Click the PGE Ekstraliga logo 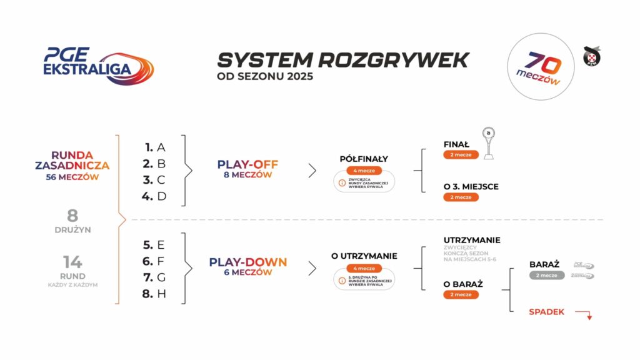(97, 64)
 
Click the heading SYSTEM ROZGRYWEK (342, 60)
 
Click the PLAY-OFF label (247, 164)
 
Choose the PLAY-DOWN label (247, 262)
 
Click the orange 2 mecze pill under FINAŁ (461, 154)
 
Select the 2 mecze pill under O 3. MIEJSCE (461, 197)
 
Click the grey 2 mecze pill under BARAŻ (546, 275)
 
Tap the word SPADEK (546, 311)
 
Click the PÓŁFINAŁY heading (364, 159)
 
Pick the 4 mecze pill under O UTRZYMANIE (364, 268)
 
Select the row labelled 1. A (154, 147)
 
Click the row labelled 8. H (154, 294)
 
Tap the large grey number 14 (72, 262)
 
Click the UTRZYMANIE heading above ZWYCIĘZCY (471, 240)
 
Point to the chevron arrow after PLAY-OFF (312, 170)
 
